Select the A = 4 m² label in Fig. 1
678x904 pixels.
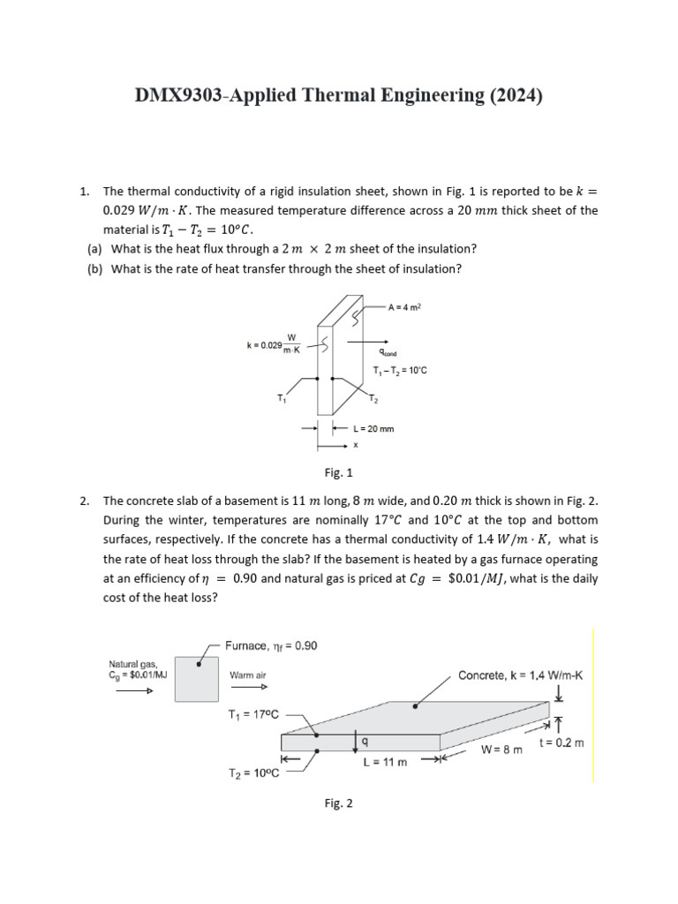[x=407, y=307]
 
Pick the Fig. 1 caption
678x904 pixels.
[x=339, y=472]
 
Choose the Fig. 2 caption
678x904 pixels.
[x=339, y=802]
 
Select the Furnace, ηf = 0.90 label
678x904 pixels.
[x=271, y=645]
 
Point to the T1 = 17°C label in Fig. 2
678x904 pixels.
[x=253, y=714]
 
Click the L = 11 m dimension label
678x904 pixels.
[x=384, y=762]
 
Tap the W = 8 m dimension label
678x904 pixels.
[x=501, y=750]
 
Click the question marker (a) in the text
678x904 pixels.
[x=93, y=249]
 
